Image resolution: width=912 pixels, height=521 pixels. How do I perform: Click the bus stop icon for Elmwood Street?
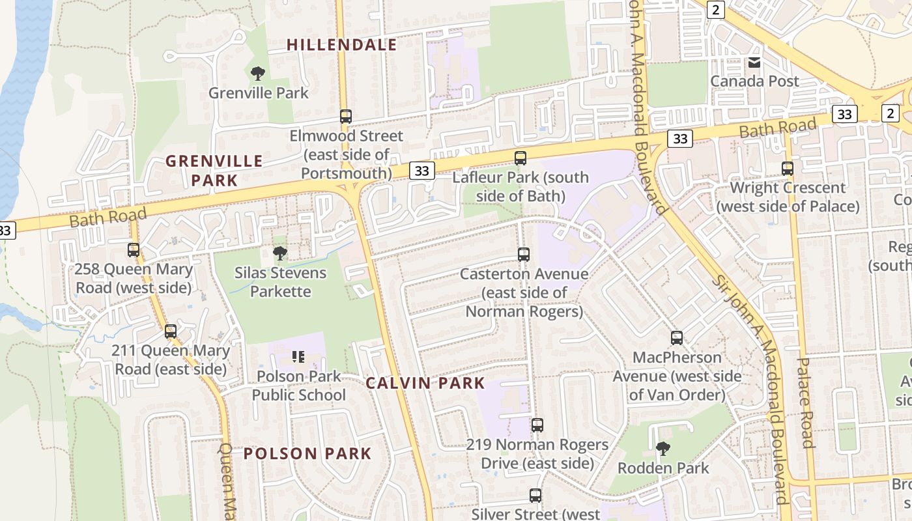pyautogui.click(x=346, y=117)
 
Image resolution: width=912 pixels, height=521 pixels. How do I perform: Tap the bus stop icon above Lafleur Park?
pyautogui.click(x=520, y=158)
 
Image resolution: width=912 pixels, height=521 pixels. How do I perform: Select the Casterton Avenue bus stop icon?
pyautogui.click(x=523, y=255)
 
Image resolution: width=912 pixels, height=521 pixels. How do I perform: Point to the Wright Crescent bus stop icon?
pyautogui.click(x=787, y=168)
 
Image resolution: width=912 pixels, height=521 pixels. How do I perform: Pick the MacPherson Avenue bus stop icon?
pyautogui.click(x=677, y=338)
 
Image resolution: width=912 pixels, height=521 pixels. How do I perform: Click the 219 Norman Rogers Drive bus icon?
pyautogui.click(x=537, y=425)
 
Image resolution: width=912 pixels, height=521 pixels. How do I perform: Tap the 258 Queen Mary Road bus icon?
pyautogui.click(x=134, y=250)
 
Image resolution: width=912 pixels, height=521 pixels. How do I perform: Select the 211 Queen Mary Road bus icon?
pyautogui.click(x=171, y=331)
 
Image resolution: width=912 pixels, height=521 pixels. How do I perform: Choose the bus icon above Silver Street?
pyautogui.click(x=535, y=496)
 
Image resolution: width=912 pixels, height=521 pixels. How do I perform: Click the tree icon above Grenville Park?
pyautogui.click(x=258, y=73)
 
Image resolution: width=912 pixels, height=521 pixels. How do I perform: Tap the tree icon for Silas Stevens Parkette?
pyautogui.click(x=280, y=253)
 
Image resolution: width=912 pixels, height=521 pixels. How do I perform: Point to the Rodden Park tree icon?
pyautogui.click(x=663, y=448)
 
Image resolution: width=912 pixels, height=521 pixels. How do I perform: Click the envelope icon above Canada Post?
pyautogui.click(x=754, y=63)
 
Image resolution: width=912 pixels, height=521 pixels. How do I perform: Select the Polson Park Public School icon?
pyautogui.click(x=298, y=356)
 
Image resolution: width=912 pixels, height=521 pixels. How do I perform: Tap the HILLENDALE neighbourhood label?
pyautogui.click(x=342, y=45)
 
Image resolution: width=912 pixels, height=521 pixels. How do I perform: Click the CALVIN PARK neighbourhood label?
pyautogui.click(x=425, y=383)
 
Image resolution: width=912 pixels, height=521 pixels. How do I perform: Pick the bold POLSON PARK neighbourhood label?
pyautogui.click(x=307, y=454)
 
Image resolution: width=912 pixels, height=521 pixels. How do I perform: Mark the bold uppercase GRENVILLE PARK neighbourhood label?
pyautogui.click(x=214, y=170)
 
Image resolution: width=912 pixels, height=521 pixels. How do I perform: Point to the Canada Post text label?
pyautogui.click(x=754, y=81)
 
